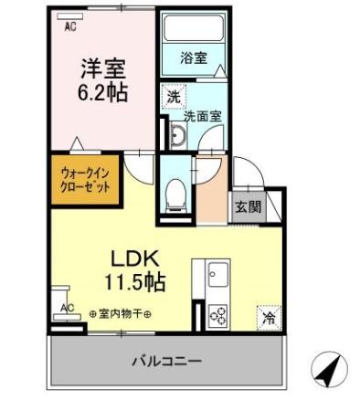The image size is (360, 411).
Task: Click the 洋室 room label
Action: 102,68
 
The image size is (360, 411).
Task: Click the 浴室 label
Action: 193,58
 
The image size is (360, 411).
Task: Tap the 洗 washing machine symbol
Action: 172,94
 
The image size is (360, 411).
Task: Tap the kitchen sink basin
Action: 217,273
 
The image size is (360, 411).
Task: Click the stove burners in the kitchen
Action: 217,315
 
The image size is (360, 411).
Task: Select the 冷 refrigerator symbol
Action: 268,317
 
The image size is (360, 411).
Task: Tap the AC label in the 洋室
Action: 69,26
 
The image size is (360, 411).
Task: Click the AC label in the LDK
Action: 67,308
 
